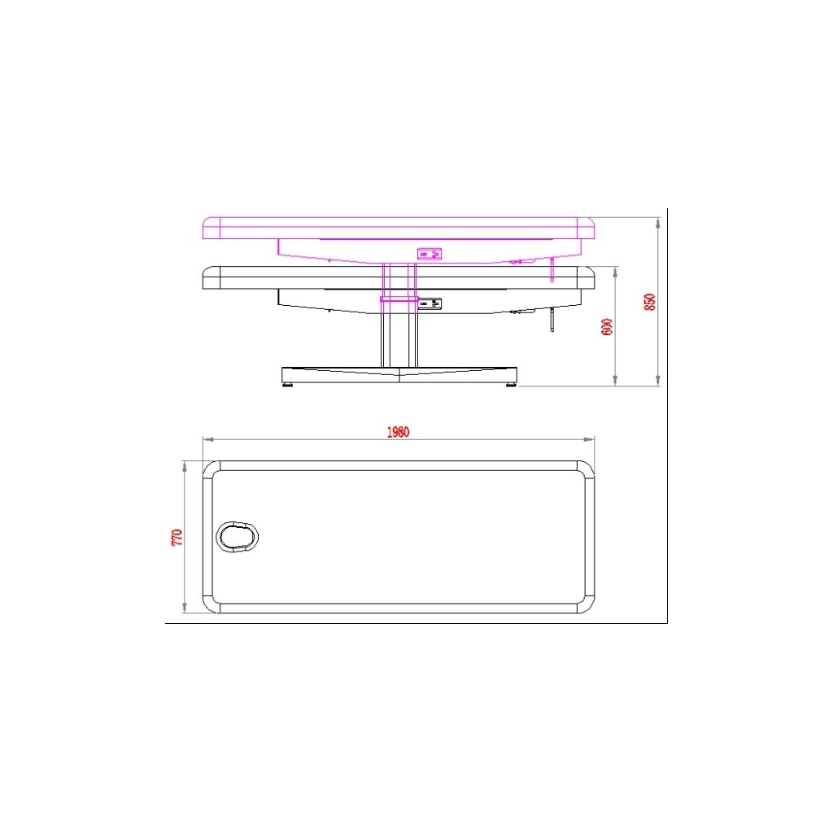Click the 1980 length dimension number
[x=398, y=432]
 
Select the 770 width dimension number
[x=177, y=537]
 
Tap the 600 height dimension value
[x=607, y=327]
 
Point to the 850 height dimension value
[x=649, y=303]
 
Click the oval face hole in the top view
[x=237, y=537]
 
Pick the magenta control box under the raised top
[x=430, y=254]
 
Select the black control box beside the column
[x=430, y=303]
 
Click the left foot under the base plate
[x=287, y=385]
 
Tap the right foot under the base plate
[x=511, y=385]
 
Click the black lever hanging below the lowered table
[x=552, y=320]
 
